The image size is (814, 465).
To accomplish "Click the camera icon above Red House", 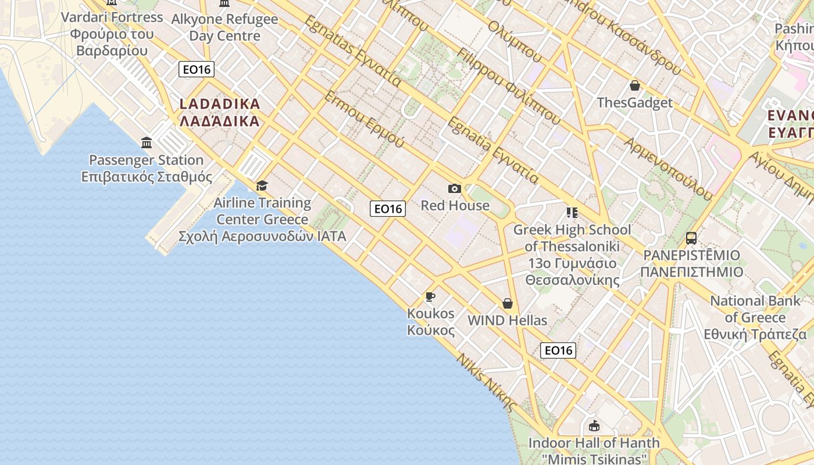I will click(455, 188).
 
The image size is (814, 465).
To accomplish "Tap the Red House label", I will click(455, 205).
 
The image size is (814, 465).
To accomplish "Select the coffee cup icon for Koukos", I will click(430, 297).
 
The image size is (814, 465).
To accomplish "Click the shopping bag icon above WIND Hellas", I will click(508, 303).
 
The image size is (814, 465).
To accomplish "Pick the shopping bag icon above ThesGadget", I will click(634, 86).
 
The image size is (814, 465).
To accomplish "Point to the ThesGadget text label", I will click(634, 103).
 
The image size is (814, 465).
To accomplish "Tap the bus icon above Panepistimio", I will click(691, 238).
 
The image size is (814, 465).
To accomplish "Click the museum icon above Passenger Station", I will click(147, 143).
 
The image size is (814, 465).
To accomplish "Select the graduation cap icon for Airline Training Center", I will click(262, 185).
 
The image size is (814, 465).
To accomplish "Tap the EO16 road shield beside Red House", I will click(388, 209).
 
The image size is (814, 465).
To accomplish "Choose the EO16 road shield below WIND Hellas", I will click(558, 350).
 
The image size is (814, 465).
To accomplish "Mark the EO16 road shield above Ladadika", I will click(197, 70).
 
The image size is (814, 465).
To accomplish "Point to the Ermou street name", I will click(364, 119).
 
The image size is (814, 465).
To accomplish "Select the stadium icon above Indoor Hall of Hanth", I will click(594, 426).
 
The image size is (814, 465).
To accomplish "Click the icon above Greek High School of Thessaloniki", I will click(572, 213).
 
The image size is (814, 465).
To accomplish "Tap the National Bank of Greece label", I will click(755, 317).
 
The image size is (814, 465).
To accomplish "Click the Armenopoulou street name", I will click(668, 169).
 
